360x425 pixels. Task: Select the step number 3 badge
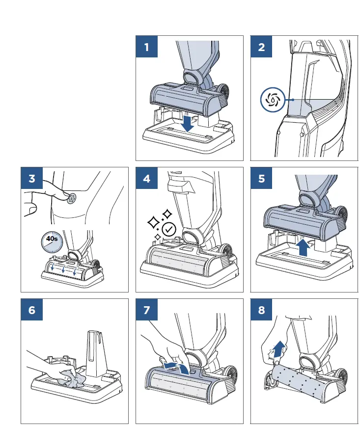(x=32, y=179)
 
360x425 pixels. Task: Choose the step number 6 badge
(x=32, y=310)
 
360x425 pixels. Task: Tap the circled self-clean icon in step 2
(x=272, y=100)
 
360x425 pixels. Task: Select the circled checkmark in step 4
(x=168, y=229)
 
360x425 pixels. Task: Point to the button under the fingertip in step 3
(x=71, y=198)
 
